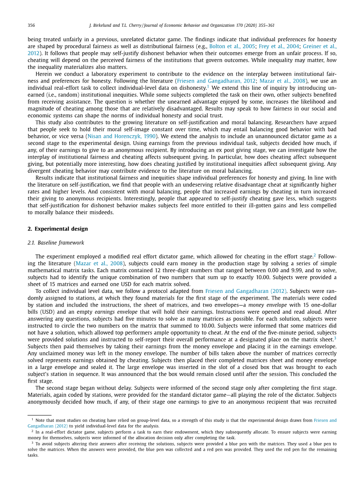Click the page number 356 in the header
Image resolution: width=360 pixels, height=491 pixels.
(x=31, y=26)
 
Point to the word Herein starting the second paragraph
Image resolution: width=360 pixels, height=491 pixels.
(x=44, y=74)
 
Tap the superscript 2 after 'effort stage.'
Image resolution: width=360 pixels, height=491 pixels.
(x=314, y=255)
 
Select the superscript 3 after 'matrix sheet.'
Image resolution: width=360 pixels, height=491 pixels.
(x=335, y=338)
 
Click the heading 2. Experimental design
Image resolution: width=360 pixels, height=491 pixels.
(x=57, y=229)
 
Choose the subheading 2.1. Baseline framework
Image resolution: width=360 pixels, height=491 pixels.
(x=56, y=243)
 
